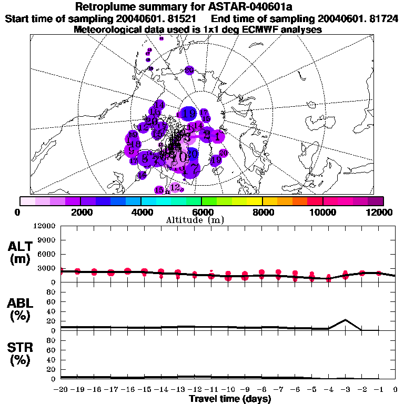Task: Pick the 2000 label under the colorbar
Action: (79, 212)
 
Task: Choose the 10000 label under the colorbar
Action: (323, 212)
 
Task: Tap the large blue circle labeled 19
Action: (189, 114)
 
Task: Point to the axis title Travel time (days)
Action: (230, 399)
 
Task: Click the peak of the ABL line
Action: (345, 319)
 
